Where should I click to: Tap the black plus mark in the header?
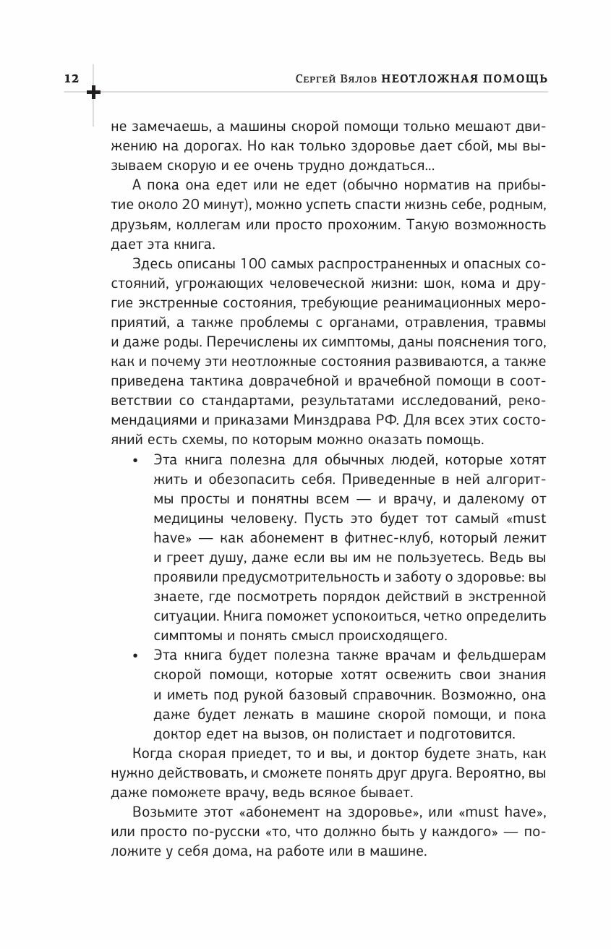pos(94,93)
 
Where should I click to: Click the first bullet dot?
pos(136,459)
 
